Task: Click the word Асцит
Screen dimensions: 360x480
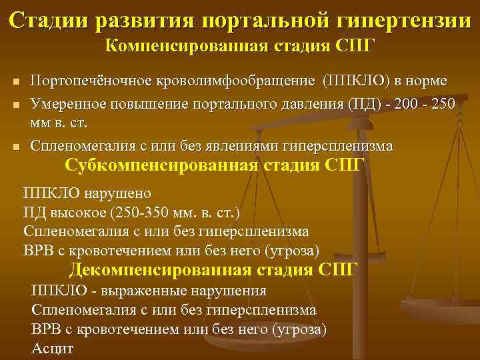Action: (53, 348)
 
